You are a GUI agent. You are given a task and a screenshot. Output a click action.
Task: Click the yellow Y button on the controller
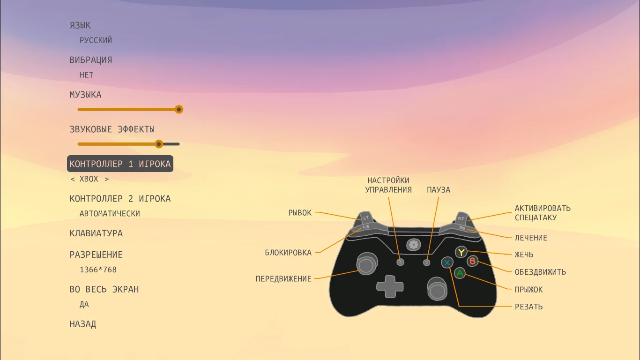coord(461,252)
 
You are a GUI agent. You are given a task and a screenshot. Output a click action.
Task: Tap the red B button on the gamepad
coord(473,262)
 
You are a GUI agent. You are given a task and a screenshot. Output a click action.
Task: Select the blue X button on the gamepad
coord(447,262)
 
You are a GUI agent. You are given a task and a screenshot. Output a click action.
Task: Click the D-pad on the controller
coord(390,285)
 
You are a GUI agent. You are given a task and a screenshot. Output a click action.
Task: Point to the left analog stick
coord(366,265)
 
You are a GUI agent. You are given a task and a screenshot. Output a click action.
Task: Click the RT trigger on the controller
coord(461,218)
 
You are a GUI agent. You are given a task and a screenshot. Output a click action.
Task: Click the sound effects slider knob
coord(159,144)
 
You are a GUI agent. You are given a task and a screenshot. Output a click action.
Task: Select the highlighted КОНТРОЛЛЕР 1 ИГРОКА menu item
coord(120,164)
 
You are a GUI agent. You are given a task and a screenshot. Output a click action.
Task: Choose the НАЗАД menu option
coord(83,324)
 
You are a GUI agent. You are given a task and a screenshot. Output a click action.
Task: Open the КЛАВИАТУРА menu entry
coord(96,233)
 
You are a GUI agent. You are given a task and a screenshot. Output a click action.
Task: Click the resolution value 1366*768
coord(98,270)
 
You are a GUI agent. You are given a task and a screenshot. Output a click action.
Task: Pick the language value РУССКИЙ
coord(96,40)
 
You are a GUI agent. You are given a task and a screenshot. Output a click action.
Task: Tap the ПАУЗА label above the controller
coord(439,190)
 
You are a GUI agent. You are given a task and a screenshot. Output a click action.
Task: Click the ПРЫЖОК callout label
coord(528,290)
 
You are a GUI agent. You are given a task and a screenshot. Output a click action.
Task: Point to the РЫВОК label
coord(300,213)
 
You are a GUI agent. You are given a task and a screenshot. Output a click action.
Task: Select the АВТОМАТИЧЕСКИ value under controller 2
coord(110,213)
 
